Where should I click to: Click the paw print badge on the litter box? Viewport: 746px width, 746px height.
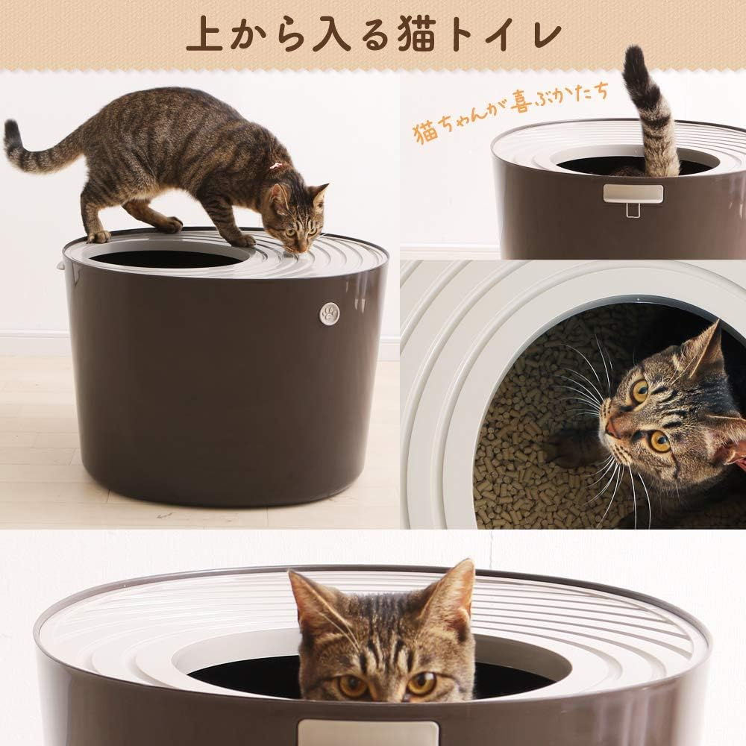coord(329,313)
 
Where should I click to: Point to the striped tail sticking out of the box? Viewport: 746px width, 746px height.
coord(651,112)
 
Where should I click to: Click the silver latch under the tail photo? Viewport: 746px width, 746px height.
coord(633,195)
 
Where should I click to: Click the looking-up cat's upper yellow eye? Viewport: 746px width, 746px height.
coord(640,389)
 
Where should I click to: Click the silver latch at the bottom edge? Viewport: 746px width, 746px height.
coord(368,733)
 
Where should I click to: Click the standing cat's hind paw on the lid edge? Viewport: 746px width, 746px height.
coord(98,236)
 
